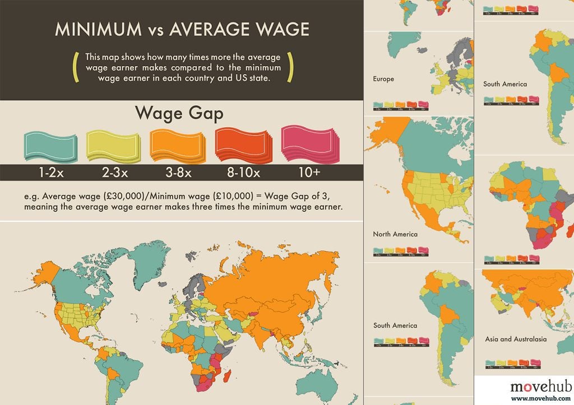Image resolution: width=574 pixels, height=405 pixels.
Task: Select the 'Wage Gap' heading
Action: [179, 114]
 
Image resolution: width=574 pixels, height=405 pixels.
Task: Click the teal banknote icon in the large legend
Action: [47, 145]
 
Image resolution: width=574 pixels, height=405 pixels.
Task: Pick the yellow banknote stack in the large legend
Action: [113, 145]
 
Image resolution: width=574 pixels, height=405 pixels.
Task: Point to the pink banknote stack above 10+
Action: [309, 145]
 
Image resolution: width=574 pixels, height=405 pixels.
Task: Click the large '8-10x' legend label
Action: [243, 173]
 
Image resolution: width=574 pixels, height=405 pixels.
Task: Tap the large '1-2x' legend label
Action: [51, 173]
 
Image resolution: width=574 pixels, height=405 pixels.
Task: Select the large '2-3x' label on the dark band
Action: [115, 173]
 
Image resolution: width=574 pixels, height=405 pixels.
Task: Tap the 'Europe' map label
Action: [383, 79]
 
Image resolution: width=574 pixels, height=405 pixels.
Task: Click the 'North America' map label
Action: [395, 234]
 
